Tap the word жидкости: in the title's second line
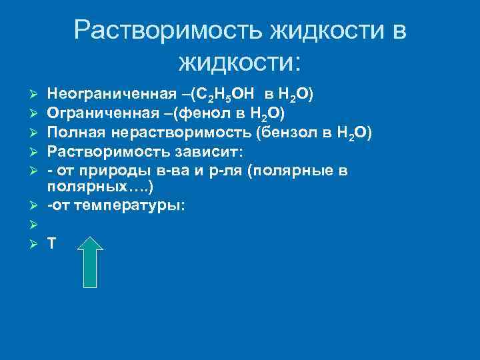tap(240, 63)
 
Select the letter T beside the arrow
tap(52, 244)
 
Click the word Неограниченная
tap(105, 94)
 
